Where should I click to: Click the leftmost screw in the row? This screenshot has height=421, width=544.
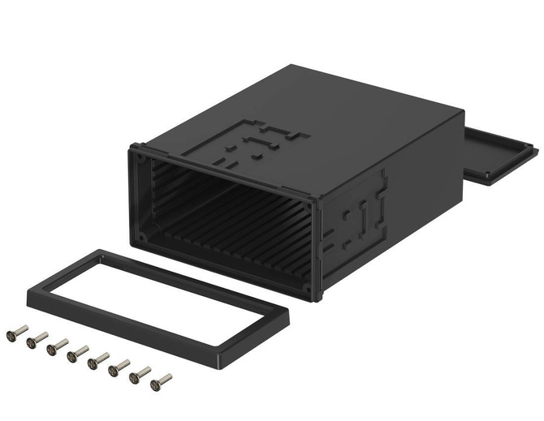[17, 333]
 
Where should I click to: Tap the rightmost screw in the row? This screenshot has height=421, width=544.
[162, 378]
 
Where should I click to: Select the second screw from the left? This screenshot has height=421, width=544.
[37, 339]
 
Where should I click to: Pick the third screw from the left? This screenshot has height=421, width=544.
[57, 346]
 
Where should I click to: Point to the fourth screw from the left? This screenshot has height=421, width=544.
[78, 353]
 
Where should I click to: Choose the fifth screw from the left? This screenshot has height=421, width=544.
[98, 359]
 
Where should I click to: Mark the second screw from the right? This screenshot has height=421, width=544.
[140, 372]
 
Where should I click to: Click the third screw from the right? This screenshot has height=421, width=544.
[119, 366]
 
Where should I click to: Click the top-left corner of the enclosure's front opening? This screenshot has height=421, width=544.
[136, 149]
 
